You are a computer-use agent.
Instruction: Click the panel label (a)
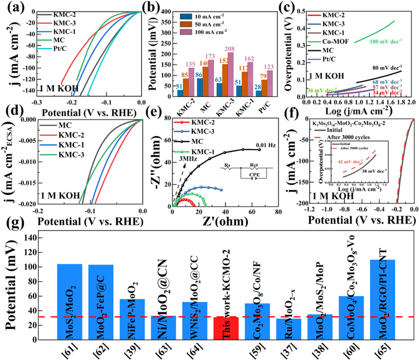point(12,8)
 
